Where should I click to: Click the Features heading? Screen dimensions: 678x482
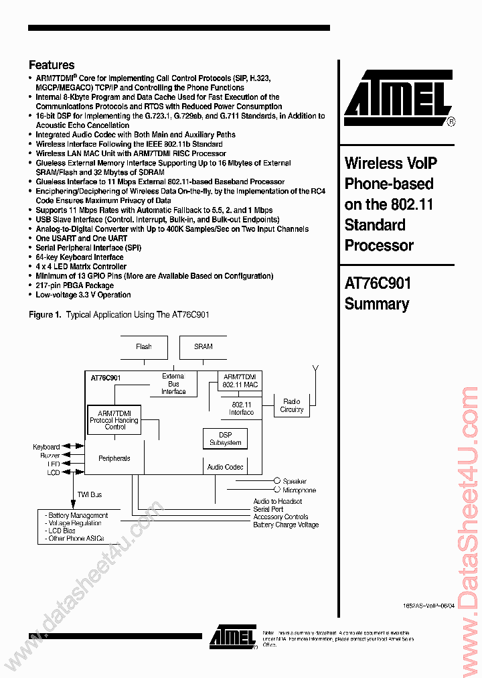tap(52, 65)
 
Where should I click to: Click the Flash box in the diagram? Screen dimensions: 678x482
tap(143, 346)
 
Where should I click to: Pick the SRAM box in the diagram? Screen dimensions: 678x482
tap(203, 346)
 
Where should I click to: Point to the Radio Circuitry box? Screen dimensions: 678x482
tap(292, 405)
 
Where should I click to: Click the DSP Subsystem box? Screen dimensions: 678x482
tap(225, 439)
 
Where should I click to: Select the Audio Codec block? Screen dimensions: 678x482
tap(225, 467)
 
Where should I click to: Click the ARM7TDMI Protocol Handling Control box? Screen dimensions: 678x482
tap(115, 420)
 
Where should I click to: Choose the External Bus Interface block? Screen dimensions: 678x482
tap(173, 384)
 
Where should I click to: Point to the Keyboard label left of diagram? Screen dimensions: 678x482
tap(46, 447)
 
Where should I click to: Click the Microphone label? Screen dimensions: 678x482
tap(299, 490)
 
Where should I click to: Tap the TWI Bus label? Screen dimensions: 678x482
tap(89, 494)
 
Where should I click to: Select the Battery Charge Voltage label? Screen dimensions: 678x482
tap(286, 525)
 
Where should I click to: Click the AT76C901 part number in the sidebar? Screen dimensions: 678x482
tap(378, 283)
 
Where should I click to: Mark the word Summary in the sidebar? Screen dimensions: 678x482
tap(376, 304)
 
